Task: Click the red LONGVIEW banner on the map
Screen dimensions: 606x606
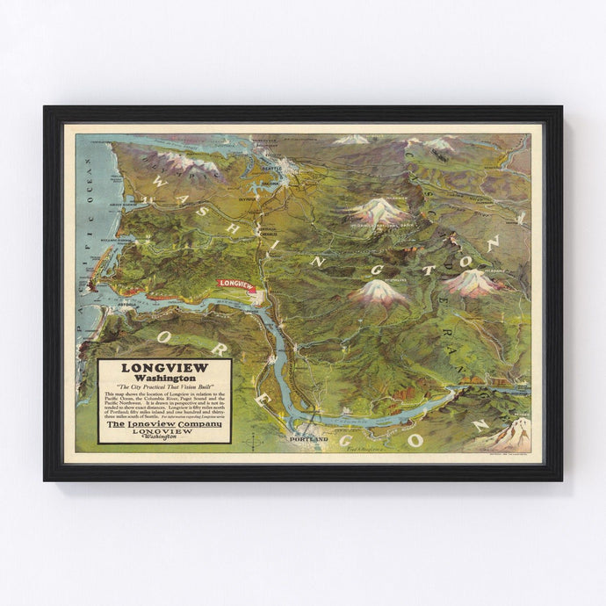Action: pos(236,284)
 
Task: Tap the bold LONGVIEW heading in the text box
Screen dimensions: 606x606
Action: pos(164,369)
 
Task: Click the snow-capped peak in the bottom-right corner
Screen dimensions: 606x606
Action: pos(512,433)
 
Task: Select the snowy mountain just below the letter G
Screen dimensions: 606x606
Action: pos(379,292)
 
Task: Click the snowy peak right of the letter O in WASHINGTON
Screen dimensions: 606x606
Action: pos(472,281)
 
